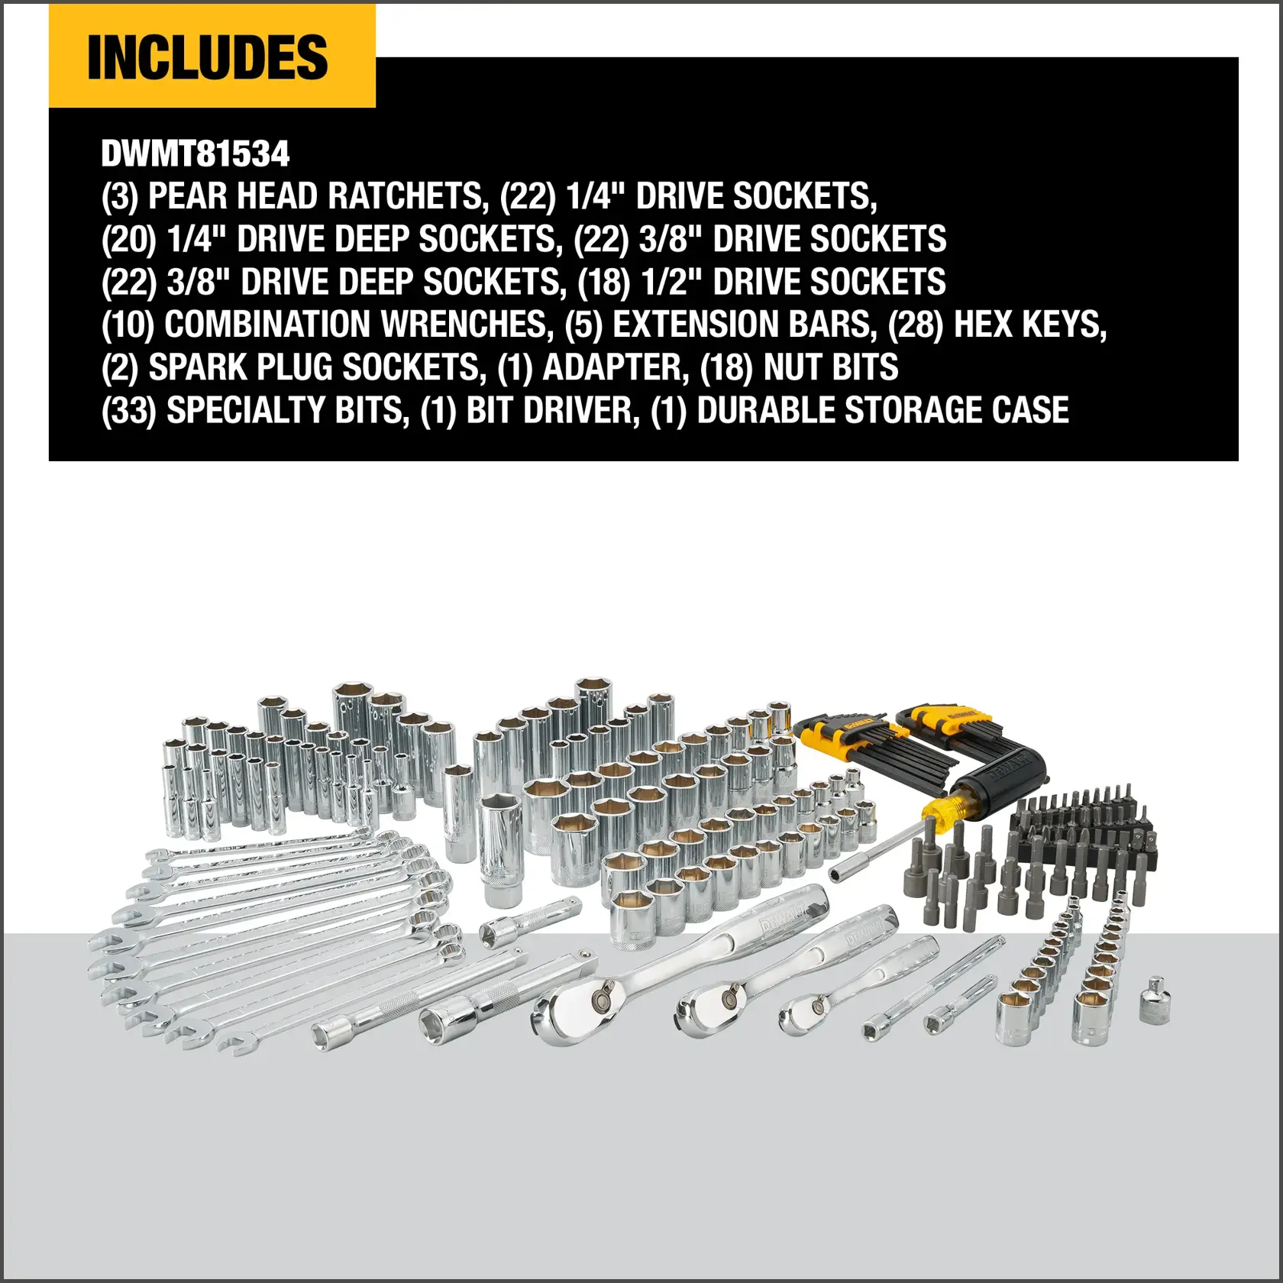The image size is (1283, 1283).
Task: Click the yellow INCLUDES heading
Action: click(x=208, y=57)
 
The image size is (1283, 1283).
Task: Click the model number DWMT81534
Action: click(x=196, y=154)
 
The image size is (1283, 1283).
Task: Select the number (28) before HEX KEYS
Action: click(x=915, y=325)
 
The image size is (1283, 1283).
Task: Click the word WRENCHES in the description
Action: click(x=466, y=325)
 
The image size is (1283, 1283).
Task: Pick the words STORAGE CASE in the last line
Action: click(x=956, y=411)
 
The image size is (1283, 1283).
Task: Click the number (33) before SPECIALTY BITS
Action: click(x=128, y=411)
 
